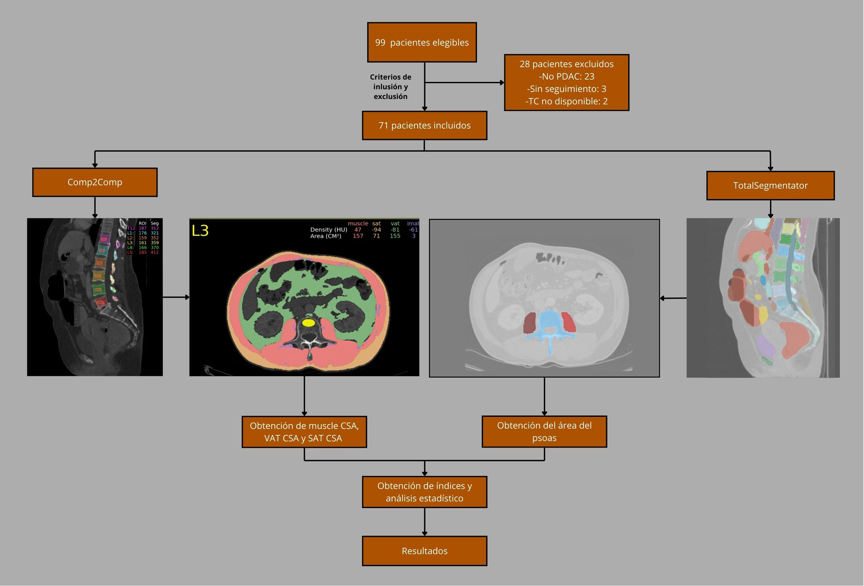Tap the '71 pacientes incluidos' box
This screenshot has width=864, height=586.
click(x=424, y=126)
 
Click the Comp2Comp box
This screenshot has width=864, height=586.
click(x=95, y=182)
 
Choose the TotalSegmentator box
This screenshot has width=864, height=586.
click(x=770, y=185)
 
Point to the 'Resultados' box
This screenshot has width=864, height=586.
click(x=424, y=551)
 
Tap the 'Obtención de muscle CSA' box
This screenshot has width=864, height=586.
click(x=304, y=431)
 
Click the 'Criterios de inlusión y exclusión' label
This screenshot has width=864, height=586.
click(x=390, y=87)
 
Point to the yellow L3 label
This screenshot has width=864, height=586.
click(x=200, y=231)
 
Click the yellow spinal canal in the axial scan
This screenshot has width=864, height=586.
click(x=308, y=322)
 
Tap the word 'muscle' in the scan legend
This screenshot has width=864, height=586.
click(x=358, y=223)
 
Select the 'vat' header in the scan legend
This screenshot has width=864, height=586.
click(x=395, y=223)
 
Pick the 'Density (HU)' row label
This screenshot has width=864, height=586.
click(x=329, y=230)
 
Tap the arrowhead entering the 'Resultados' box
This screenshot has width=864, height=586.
click(x=424, y=533)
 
